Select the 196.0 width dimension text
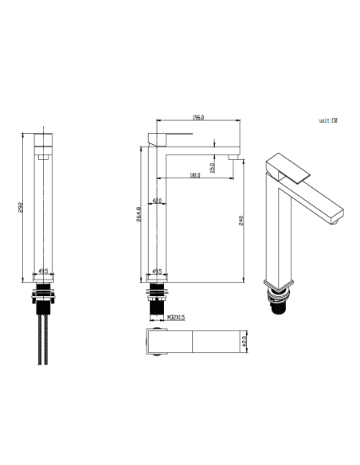pyautogui.click(x=198, y=118)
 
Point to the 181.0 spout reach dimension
pyautogui.click(x=194, y=174)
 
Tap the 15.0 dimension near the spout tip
pyautogui.click(x=213, y=167)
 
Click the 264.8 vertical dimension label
pyautogui.click(x=139, y=216)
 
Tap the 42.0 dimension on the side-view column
pyautogui.click(x=158, y=201)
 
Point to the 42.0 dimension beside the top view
pyautogui.click(x=245, y=342)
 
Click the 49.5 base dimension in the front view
pyautogui.click(x=45, y=272)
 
